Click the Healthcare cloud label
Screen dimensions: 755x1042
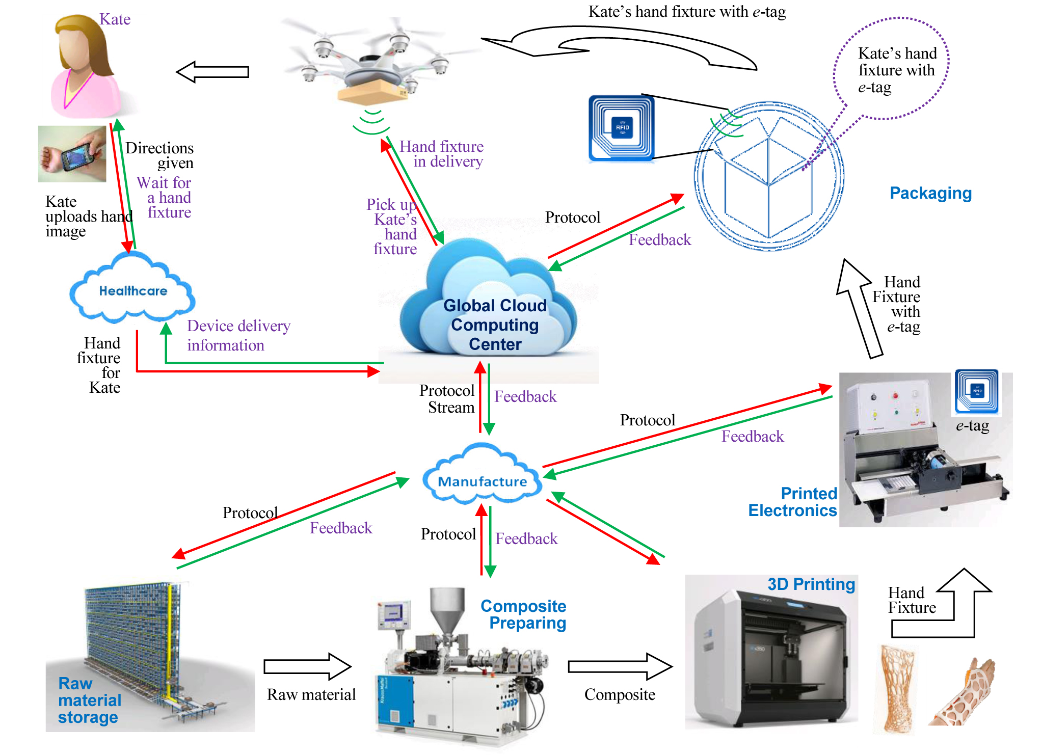(x=133, y=291)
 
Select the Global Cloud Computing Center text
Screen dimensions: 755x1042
(x=495, y=325)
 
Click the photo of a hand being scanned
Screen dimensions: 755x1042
(x=72, y=154)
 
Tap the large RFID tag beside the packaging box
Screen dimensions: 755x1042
(x=621, y=128)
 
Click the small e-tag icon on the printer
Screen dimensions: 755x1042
(x=976, y=391)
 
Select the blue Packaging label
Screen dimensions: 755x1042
(x=930, y=193)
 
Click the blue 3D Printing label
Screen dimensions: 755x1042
(x=811, y=584)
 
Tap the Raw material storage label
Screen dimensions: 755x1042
(x=89, y=700)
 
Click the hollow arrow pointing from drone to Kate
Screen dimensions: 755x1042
(x=213, y=72)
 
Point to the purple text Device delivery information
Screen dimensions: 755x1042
(x=238, y=335)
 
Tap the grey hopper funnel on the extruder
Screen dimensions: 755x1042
(x=447, y=608)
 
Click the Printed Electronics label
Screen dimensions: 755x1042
(x=793, y=502)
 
